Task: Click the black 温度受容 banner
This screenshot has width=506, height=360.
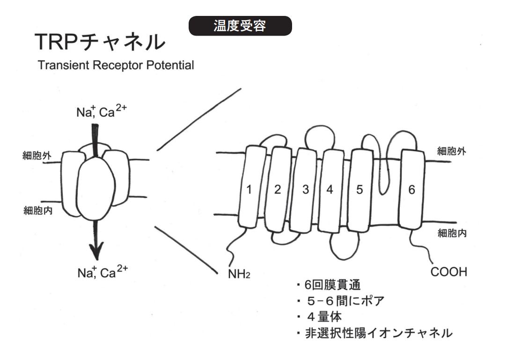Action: (x=240, y=26)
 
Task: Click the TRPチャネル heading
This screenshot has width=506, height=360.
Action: (x=100, y=42)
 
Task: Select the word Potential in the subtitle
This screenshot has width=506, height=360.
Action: (x=170, y=65)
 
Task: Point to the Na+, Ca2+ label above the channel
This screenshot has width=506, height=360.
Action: (x=102, y=111)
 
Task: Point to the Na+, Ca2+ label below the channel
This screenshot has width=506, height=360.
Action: (x=103, y=272)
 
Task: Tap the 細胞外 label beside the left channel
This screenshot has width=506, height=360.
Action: (x=37, y=155)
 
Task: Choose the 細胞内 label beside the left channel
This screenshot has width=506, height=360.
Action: (x=38, y=211)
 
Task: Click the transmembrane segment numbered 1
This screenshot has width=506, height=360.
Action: (x=252, y=187)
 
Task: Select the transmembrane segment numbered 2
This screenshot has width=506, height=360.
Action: (x=278, y=189)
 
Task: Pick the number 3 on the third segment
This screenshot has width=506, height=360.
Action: (x=306, y=190)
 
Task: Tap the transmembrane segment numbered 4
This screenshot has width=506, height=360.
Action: (x=330, y=191)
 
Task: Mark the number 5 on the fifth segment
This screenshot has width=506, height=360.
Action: (x=359, y=190)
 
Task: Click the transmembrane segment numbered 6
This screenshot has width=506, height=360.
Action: (x=411, y=189)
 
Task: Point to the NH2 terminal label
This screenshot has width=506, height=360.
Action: (x=239, y=274)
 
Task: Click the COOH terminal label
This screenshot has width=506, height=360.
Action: (x=449, y=272)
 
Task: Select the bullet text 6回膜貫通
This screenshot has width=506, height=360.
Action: (x=332, y=285)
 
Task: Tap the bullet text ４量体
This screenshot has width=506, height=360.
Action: (x=324, y=317)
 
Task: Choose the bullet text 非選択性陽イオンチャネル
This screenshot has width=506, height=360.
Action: (x=379, y=333)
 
